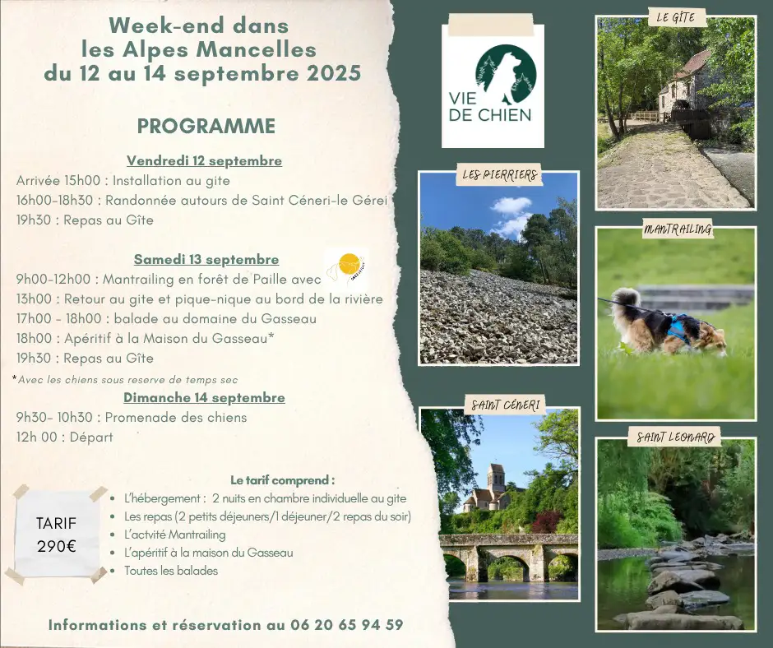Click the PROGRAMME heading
(206, 127)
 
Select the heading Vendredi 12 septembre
(205, 161)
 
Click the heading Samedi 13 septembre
(206, 259)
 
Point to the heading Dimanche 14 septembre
(204, 397)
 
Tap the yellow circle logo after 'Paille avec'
(348, 266)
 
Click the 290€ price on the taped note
(57, 546)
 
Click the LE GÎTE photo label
(675, 18)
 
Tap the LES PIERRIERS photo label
(499, 174)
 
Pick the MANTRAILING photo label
(678, 229)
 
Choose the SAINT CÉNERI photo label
(505, 405)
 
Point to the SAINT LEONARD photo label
(675, 437)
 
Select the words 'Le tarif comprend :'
(283, 480)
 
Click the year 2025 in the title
(334, 73)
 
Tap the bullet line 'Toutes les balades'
(171, 571)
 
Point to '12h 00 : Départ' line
(65, 437)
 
